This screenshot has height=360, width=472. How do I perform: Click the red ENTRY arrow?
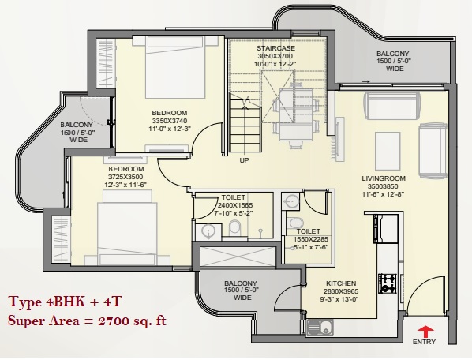click(426, 332)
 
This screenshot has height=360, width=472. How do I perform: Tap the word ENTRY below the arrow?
click(424, 342)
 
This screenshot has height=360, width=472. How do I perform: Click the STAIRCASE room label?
click(275, 48)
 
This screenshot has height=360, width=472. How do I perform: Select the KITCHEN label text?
click(341, 283)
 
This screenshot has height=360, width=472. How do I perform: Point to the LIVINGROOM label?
click(384, 178)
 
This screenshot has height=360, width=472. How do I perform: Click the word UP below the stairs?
click(244, 160)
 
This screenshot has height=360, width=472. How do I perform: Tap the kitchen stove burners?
click(388, 283)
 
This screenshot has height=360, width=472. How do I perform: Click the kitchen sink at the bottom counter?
click(320, 328)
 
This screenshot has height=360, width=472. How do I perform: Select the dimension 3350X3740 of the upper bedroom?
click(170, 121)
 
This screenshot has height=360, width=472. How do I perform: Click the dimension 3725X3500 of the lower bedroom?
click(125, 177)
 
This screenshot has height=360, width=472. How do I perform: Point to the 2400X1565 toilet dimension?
click(234, 205)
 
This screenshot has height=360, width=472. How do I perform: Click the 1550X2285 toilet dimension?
click(311, 239)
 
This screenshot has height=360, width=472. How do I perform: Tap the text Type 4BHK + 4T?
click(65, 302)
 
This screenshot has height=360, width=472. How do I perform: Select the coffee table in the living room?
click(388, 151)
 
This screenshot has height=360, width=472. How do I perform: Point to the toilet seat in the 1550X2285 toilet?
click(292, 223)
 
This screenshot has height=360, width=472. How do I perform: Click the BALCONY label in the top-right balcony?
click(393, 54)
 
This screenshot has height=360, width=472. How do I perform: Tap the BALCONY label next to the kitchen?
click(241, 283)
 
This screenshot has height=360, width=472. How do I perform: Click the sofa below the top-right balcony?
click(392, 105)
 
